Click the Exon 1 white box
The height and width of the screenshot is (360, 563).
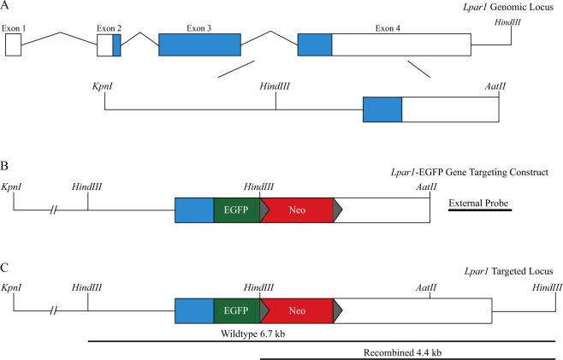(13, 45)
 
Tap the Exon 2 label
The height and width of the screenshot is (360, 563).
(109, 28)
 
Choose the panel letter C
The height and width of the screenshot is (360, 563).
(5, 267)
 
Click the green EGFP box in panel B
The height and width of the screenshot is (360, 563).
(236, 208)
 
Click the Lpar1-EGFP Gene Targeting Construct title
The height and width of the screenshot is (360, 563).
(471, 172)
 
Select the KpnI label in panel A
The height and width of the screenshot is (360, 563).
(104, 86)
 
